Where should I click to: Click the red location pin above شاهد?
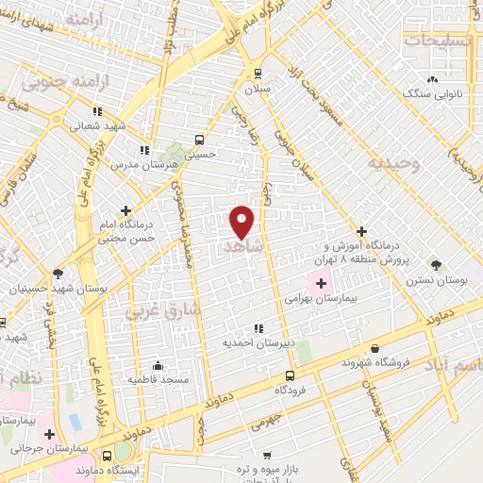coord(241,222)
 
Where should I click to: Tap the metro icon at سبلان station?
coord(258,73)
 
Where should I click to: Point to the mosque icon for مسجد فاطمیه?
coord(158,365)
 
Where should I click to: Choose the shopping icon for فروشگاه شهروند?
coord(375,348)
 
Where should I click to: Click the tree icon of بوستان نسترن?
coord(435,265)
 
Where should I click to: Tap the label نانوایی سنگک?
coord(431,93)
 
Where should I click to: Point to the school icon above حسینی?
coord(198,138)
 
